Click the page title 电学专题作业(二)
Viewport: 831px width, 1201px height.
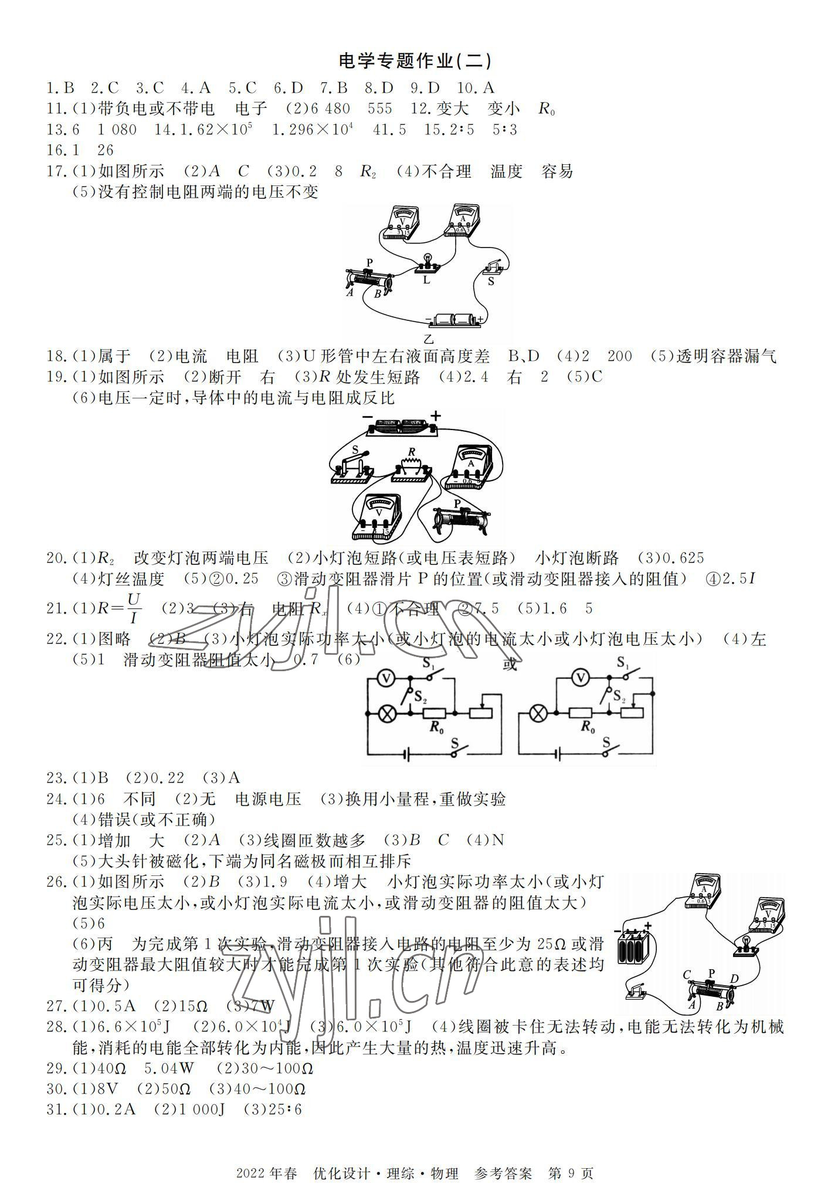415,60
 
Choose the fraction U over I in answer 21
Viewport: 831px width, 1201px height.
134,608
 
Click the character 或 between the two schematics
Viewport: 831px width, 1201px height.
510,665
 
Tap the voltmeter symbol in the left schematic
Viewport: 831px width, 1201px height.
386,678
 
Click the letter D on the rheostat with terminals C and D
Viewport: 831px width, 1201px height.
734,978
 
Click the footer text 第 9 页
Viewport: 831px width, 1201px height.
571,1156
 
